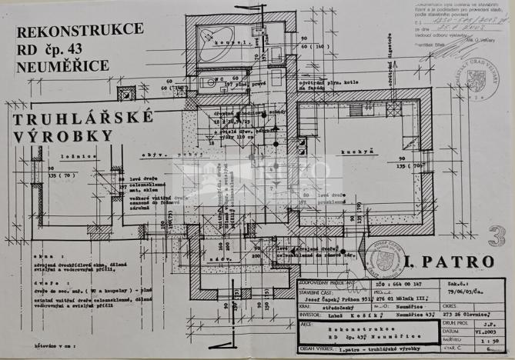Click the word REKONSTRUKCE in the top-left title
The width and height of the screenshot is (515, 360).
79,30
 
